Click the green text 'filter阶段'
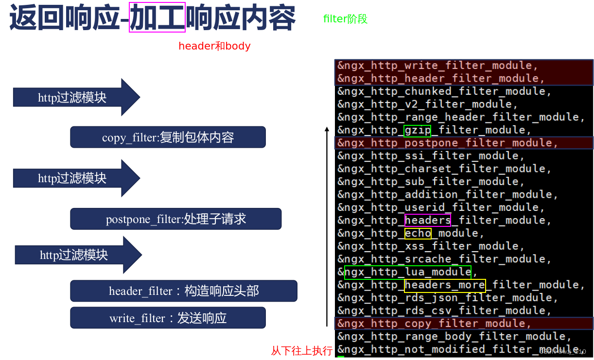point(345,19)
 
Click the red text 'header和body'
point(214,46)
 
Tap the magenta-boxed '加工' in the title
point(157,17)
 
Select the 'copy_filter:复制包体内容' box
point(168,137)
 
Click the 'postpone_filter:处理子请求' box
point(175,219)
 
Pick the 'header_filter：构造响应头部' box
point(183,291)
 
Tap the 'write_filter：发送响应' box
point(168,318)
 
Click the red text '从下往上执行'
point(301,351)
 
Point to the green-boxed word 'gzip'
point(417,130)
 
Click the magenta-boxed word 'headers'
point(427,221)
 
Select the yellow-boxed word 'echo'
point(418,233)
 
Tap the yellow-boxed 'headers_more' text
point(445,285)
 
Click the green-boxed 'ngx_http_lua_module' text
point(407,272)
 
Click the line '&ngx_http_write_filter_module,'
point(437,66)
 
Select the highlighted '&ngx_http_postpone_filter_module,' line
point(447,143)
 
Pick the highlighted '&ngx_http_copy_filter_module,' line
point(434,324)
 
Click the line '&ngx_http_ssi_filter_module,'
point(431,156)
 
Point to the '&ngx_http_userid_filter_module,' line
point(441,207)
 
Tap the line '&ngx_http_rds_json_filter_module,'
point(447,298)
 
